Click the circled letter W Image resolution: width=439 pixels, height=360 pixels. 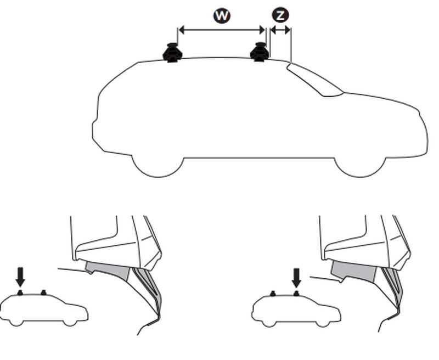pyautogui.click(x=222, y=16)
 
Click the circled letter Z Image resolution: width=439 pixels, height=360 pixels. pyautogui.click(x=280, y=15)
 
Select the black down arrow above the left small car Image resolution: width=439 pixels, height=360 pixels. pyautogui.click(x=20, y=277)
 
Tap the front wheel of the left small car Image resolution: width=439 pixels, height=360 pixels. pyautogui.click(x=70, y=322)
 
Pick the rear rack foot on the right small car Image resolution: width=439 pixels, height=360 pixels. pyautogui.click(x=272, y=293)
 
